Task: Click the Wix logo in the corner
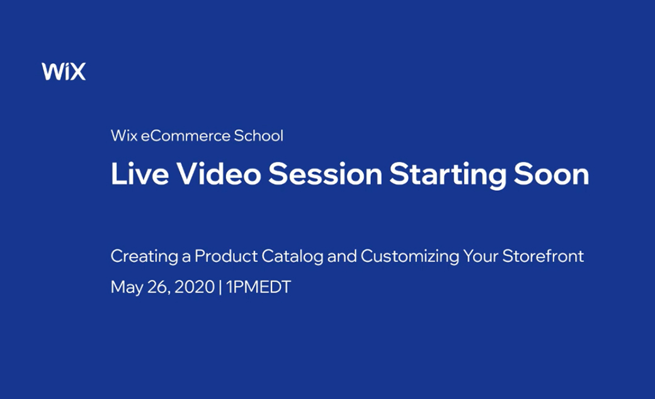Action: [64, 71]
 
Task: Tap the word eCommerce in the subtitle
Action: [185, 136]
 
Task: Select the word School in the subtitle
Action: [259, 136]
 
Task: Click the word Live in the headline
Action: [140, 173]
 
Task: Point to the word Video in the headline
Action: [219, 173]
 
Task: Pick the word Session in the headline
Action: [326, 173]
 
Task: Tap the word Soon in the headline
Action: [552, 173]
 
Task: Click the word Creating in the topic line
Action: [144, 257]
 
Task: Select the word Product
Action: [226, 256]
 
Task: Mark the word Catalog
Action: [292, 257]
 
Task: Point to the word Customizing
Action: [410, 257]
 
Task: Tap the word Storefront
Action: [543, 256]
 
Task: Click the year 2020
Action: [194, 287]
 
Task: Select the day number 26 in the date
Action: [159, 287]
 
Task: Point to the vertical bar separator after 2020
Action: [220, 287]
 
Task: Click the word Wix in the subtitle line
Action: [124, 136]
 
